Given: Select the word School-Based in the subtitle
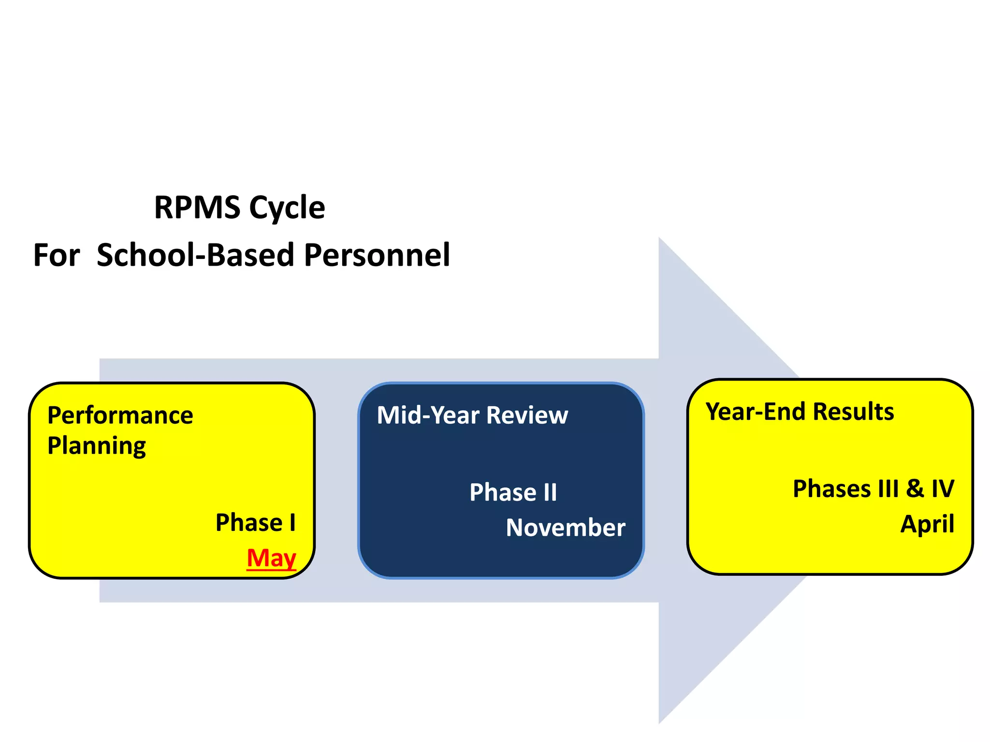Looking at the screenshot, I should [x=195, y=255].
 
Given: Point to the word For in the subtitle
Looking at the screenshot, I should [x=57, y=255].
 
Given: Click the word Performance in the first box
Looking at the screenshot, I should [x=120, y=415].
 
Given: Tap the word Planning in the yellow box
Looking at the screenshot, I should [x=97, y=445].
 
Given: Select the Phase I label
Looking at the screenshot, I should [x=255, y=523].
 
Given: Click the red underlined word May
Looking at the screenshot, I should [x=271, y=558].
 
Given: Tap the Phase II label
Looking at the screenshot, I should [x=513, y=493].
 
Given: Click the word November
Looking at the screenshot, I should [x=565, y=528].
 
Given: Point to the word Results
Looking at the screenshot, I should [x=853, y=412].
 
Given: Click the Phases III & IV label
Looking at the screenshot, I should [x=873, y=489].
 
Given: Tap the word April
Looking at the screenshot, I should [x=927, y=524].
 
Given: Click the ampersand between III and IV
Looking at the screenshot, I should [x=915, y=489].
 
